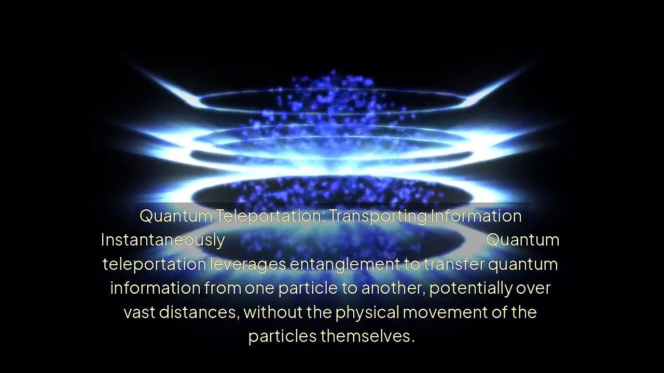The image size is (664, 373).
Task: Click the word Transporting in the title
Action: (x=378, y=216)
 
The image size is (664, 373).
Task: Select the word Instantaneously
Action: (x=162, y=240)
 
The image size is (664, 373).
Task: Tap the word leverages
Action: (x=247, y=264)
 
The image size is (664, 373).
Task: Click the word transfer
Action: (x=454, y=264)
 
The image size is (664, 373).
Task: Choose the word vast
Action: (x=139, y=312)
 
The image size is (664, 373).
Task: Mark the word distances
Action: (x=199, y=312)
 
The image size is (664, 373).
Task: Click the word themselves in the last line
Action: (x=367, y=336)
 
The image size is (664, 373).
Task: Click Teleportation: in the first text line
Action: (x=270, y=216)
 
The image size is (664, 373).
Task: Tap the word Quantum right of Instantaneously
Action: (x=522, y=240)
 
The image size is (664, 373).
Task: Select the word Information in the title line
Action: (x=476, y=216)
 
